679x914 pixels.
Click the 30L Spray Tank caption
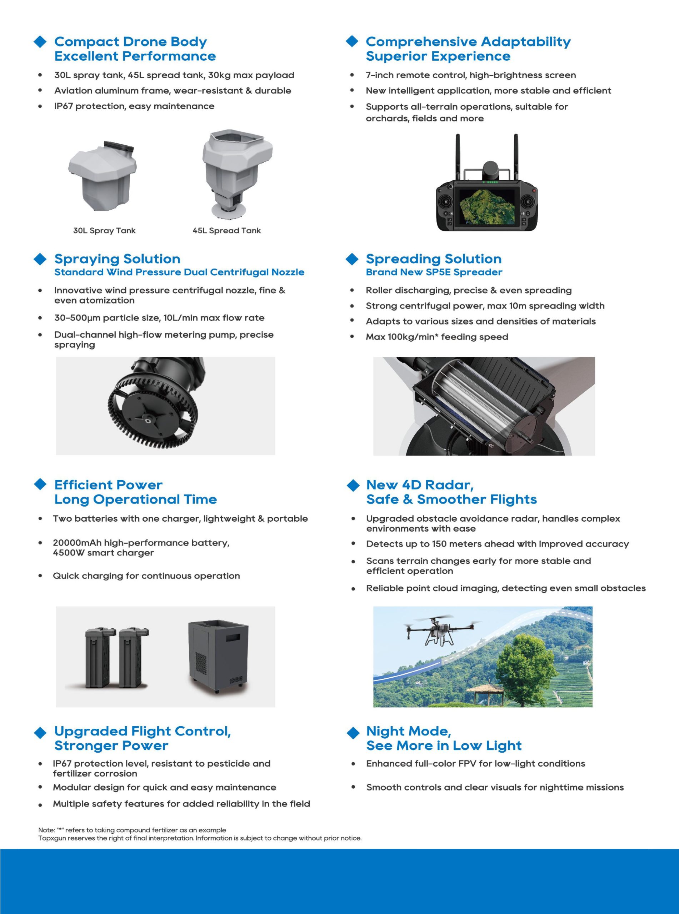click(104, 230)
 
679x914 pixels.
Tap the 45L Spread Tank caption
click(226, 230)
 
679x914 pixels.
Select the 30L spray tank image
click(103, 175)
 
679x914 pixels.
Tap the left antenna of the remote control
click(458, 156)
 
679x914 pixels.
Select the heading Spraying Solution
click(117, 259)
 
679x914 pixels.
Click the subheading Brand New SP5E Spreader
click(434, 272)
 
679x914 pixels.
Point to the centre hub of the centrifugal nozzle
click(148, 420)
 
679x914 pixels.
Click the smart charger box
click(218, 656)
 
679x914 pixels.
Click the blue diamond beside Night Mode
click(353, 732)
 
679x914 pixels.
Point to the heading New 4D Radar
click(420, 485)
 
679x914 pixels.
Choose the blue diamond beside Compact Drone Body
click(40, 41)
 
